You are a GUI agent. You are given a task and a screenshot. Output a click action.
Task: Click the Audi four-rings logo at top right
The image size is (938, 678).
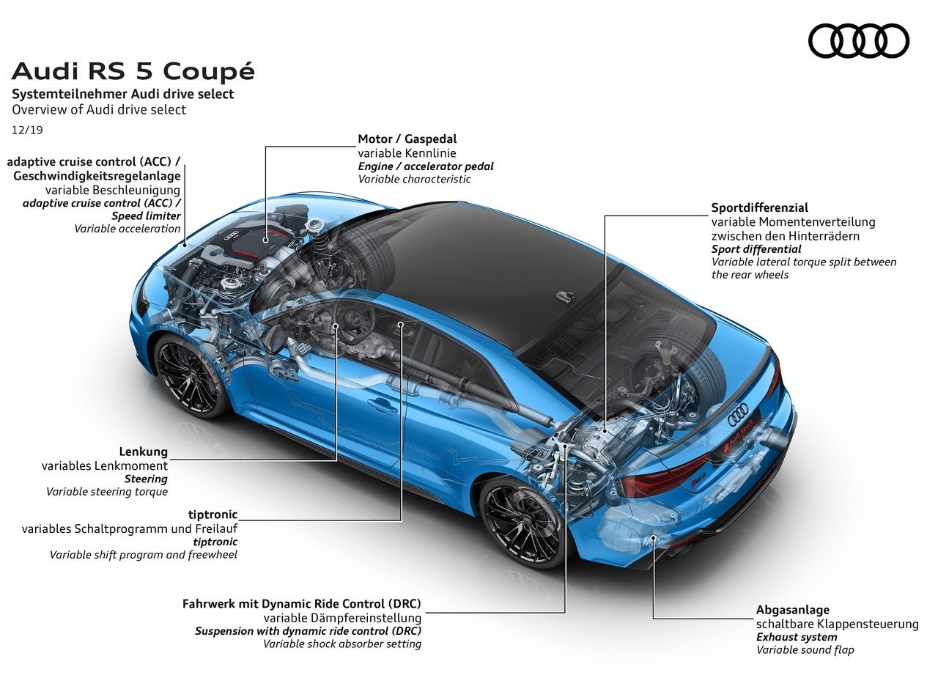(x=858, y=40)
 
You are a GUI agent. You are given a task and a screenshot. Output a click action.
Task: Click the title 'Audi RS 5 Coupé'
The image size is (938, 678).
(x=133, y=71)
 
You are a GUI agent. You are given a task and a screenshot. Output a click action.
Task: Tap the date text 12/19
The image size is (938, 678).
(x=27, y=130)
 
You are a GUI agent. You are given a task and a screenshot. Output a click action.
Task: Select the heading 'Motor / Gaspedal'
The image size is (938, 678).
(x=407, y=139)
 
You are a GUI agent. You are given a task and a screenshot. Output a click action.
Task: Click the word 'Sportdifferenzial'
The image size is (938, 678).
(x=760, y=207)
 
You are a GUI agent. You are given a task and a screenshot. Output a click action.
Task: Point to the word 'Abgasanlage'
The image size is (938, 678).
(x=793, y=610)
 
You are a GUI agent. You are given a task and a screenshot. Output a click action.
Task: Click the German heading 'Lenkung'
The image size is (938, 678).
(x=143, y=452)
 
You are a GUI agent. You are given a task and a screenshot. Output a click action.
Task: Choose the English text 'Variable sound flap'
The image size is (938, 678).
(x=805, y=650)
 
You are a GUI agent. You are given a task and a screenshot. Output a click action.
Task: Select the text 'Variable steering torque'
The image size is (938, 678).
(x=107, y=492)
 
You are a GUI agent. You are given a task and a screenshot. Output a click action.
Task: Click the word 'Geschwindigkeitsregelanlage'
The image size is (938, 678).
(x=97, y=176)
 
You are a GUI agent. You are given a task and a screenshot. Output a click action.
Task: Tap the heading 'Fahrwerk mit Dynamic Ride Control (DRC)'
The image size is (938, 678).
(x=301, y=603)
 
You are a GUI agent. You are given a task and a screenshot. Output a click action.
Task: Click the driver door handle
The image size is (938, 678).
(x=383, y=405)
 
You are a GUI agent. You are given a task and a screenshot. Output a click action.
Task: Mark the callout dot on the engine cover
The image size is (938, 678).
(x=265, y=240)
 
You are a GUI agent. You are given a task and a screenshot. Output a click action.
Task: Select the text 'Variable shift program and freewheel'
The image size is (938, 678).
(x=143, y=555)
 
